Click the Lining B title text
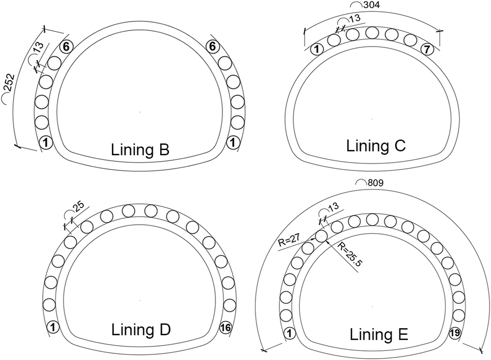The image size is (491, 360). [x=140, y=149]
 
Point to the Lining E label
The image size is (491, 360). [x=379, y=334]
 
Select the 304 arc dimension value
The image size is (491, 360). [x=371, y=5]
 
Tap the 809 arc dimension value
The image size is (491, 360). [x=376, y=183]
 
